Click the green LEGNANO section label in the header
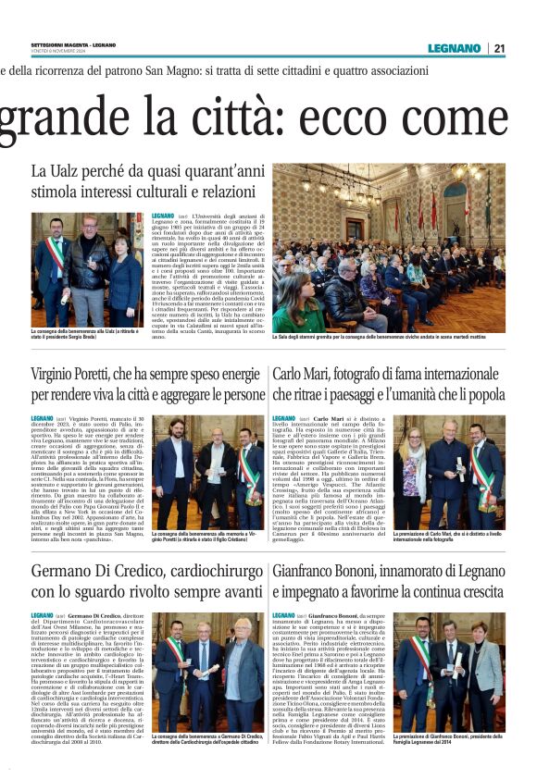454,48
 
